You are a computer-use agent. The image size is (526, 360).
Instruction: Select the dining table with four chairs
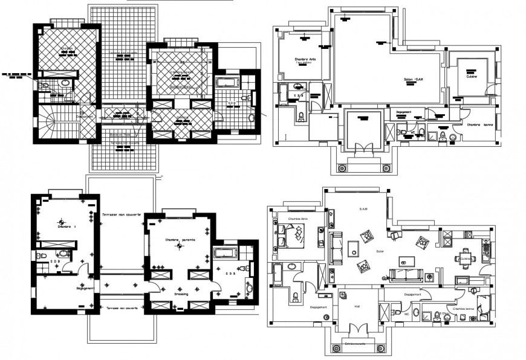464,259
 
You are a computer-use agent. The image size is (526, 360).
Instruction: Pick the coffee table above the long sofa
406,260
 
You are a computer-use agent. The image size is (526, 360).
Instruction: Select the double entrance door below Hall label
358,331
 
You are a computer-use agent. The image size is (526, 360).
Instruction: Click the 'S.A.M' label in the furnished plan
363,209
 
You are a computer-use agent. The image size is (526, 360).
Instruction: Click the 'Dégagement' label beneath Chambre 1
68,288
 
